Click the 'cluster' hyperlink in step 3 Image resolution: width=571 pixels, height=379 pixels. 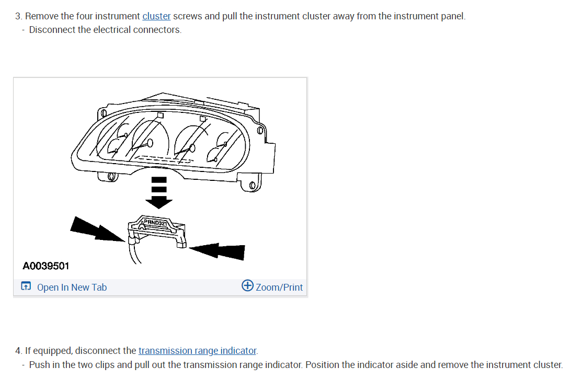click(x=156, y=16)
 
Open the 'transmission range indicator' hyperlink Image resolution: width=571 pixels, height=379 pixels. click(x=198, y=351)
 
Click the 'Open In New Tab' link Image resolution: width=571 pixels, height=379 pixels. click(x=72, y=288)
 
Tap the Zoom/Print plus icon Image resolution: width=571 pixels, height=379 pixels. click(x=247, y=285)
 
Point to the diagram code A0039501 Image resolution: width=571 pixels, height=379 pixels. click(x=46, y=266)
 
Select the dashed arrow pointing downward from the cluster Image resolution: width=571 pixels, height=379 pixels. click(x=159, y=191)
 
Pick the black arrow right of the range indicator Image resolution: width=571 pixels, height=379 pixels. click(x=220, y=251)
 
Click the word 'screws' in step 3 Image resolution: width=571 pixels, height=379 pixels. click(x=188, y=16)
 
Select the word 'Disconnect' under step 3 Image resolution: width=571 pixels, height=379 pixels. click(x=52, y=30)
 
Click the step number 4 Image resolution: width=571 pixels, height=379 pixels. click(x=18, y=351)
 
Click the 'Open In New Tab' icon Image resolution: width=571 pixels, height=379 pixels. click(x=26, y=287)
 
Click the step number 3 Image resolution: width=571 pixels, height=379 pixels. click(x=18, y=16)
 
